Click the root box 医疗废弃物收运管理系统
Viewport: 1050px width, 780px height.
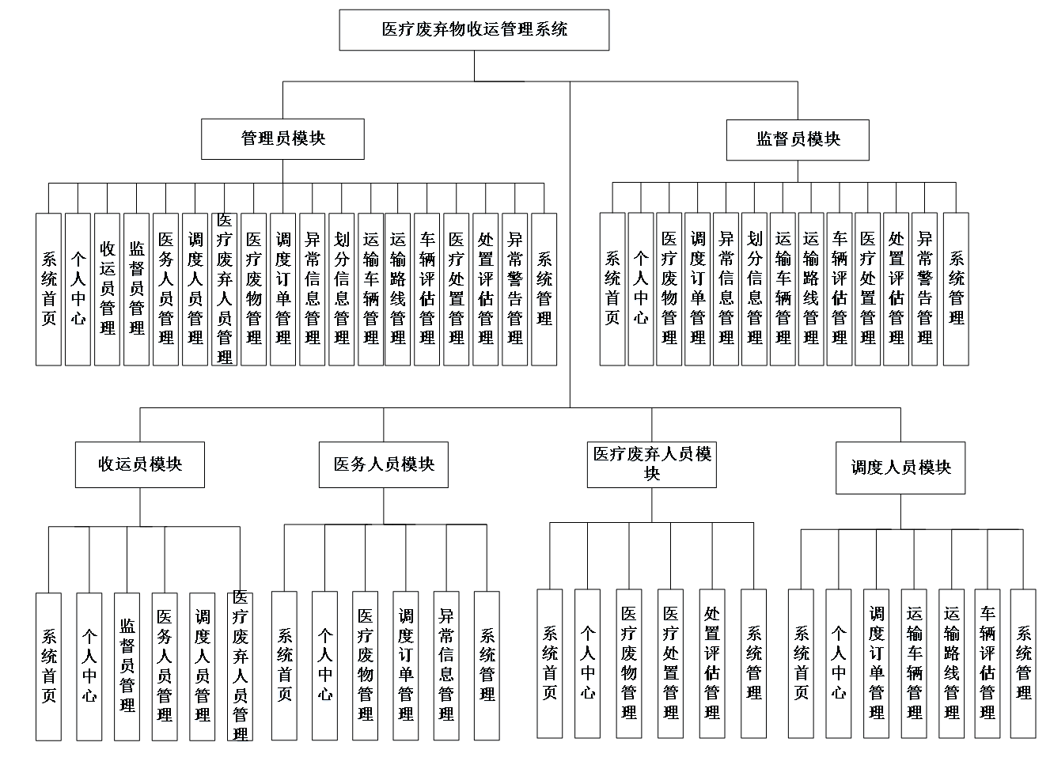click(x=474, y=30)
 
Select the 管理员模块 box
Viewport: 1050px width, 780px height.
click(x=282, y=138)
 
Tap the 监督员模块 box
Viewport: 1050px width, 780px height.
click(x=798, y=139)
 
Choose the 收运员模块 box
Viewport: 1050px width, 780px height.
click(x=140, y=464)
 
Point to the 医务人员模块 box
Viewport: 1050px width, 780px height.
click(x=384, y=464)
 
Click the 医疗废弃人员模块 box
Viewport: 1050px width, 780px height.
click(x=652, y=464)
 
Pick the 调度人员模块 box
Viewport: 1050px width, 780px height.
click(x=900, y=468)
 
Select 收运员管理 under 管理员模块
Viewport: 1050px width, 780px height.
click(x=108, y=289)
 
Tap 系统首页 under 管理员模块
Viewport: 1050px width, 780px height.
click(x=49, y=289)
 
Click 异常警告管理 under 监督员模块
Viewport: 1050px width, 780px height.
click(x=924, y=289)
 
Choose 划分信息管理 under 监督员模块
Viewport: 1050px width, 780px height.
click(x=754, y=289)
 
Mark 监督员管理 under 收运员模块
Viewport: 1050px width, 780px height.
click(x=127, y=666)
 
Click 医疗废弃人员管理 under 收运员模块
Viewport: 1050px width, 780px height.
click(x=241, y=666)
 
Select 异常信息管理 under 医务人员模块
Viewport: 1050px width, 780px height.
click(x=446, y=665)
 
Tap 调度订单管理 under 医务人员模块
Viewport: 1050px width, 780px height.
click(x=406, y=665)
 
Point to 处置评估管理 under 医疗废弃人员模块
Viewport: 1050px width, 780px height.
click(x=712, y=663)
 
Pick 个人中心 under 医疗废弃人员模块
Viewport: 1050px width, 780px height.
click(x=587, y=663)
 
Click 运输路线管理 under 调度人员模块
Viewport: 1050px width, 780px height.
click(x=951, y=663)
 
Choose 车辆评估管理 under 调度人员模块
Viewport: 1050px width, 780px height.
click(x=987, y=663)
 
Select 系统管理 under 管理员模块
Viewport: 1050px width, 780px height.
click(x=544, y=289)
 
